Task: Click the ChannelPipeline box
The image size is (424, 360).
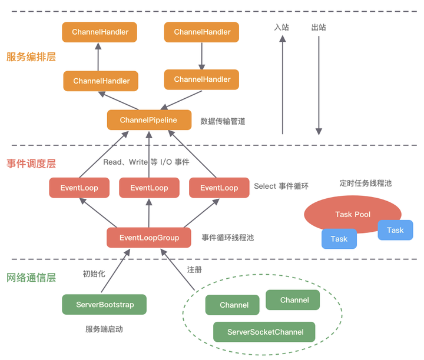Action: click(x=149, y=120)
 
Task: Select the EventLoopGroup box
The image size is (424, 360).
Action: click(x=150, y=238)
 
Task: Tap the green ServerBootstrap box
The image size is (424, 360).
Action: click(x=104, y=305)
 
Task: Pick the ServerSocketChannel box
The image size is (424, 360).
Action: click(x=264, y=332)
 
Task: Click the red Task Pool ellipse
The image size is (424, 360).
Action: click(x=353, y=214)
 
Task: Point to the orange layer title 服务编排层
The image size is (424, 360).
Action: click(x=31, y=57)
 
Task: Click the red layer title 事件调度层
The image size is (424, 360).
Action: click(x=31, y=164)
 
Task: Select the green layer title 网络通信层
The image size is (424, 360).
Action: click(x=31, y=277)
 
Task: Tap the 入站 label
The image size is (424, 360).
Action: click(x=282, y=27)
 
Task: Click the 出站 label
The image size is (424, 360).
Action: click(x=319, y=27)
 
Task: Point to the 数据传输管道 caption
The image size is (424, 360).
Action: click(x=223, y=121)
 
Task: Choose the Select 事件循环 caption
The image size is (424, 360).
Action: click(x=281, y=186)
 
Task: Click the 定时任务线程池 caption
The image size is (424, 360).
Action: click(x=365, y=183)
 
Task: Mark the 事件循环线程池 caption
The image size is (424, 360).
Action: click(x=228, y=238)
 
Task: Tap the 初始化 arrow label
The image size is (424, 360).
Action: click(x=94, y=274)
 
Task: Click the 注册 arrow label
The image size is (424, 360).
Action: click(x=194, y=269)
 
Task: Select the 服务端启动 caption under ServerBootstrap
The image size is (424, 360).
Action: click(x=104, y=329)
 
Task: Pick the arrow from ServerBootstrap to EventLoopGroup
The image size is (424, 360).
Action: click(x=115, y=271)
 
